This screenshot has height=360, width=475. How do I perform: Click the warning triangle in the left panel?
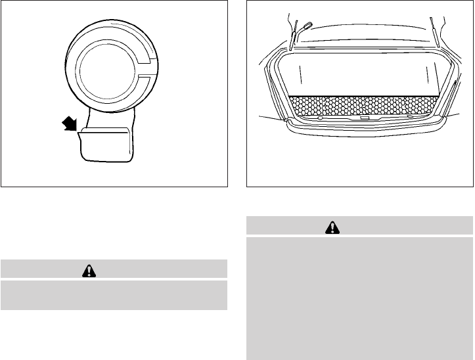click(114, 269)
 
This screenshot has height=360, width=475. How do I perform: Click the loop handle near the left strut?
click(307, 28)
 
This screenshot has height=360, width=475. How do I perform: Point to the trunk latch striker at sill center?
click(363, 120)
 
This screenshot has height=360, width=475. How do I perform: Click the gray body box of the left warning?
click(114, 294)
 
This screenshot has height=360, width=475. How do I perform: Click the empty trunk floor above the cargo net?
click(361, 76)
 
